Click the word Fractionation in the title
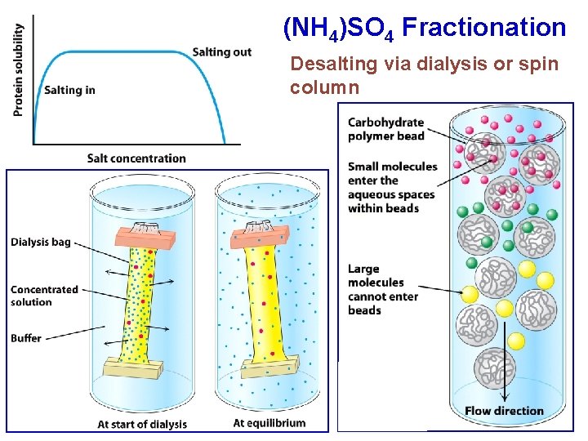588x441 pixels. click(483, 28)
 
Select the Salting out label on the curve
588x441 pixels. click(222, 52)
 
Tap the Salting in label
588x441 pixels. click(69, 90)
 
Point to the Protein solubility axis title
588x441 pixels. click(19, 70)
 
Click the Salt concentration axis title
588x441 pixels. click(136, 158)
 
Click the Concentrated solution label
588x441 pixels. click(44, 296)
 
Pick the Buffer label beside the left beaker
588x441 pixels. click(26, 338)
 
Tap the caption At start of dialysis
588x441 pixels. click(142, 424)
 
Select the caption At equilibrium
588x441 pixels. click(269, 423)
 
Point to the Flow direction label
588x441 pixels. click(504, 411)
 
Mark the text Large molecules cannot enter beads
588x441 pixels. click(382, 289)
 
